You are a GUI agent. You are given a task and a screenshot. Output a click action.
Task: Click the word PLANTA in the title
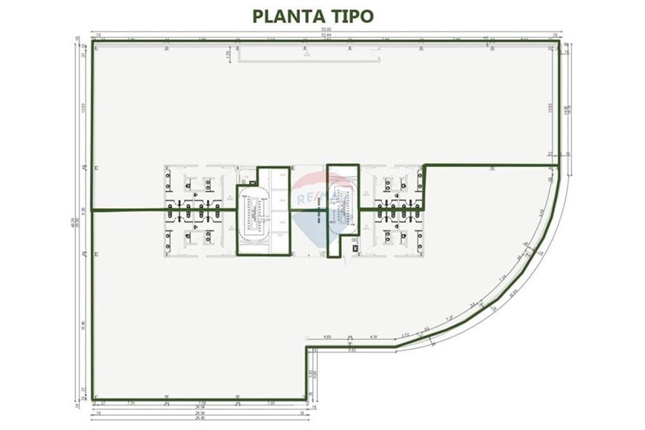(284, 16)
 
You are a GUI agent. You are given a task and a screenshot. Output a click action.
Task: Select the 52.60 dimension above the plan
(327, 31)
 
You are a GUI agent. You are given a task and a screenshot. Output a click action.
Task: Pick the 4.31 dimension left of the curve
(373, 337)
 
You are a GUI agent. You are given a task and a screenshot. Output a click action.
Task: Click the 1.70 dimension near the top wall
(228, 56)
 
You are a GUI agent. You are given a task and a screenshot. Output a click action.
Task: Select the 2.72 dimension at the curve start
(405, 335)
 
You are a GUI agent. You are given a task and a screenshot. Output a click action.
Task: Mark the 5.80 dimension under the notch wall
(352, 351)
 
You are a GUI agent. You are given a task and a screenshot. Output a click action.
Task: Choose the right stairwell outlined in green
(342, 210)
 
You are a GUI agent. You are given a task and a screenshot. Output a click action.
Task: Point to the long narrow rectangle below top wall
(310, 57)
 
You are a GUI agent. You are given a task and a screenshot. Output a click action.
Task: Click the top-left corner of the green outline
(93, 43)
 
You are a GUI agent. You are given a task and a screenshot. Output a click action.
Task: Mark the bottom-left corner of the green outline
(93, 399)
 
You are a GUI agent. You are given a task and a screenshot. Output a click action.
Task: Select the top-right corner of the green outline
(558, 43)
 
